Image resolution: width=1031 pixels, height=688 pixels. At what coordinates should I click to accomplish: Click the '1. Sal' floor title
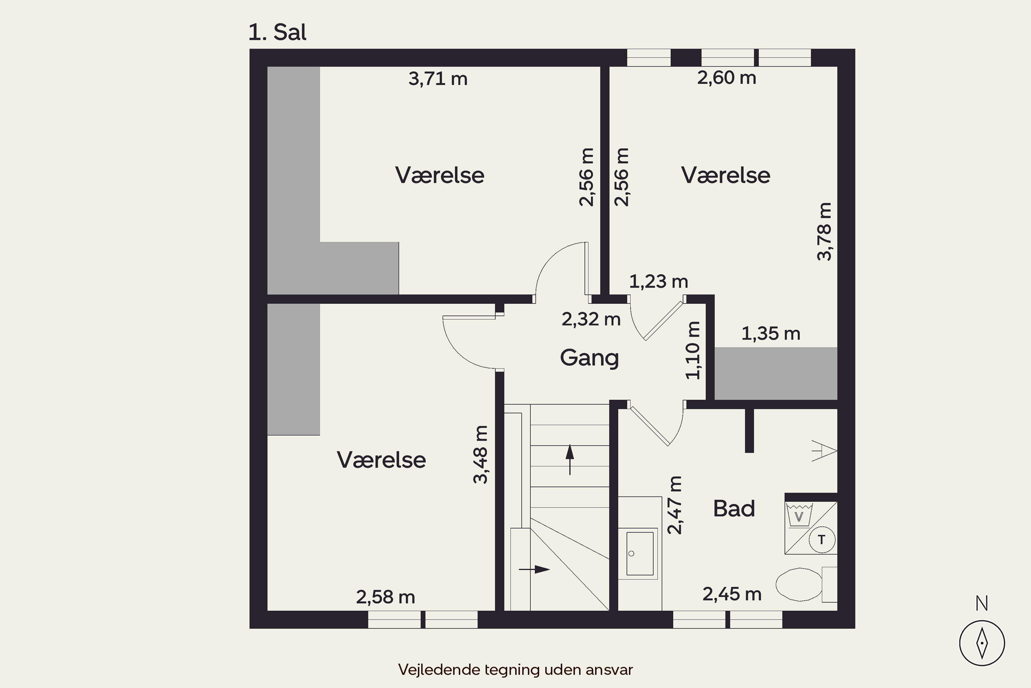coord(277,32)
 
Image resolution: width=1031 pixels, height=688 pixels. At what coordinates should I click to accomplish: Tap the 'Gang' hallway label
coord(589,358)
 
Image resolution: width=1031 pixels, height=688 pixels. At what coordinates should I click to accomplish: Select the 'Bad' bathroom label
coord(734,508)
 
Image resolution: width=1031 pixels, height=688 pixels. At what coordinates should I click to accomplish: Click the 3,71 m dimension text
coord(438,79)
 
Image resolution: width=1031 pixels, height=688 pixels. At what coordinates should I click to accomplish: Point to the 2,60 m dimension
coord(727,78)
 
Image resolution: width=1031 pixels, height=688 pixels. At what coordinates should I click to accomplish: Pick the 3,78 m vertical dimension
coord(824,232)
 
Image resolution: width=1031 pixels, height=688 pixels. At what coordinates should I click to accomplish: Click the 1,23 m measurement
coord(658,281)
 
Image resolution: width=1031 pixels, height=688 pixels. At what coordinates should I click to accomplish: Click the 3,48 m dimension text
coord(480,454)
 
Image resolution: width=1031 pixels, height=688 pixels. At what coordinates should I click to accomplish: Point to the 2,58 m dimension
coord(385,597)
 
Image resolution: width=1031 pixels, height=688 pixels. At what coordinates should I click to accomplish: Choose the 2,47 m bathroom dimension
coord(675,505)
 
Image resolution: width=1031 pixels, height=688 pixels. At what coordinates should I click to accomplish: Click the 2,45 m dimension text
coord(732,594)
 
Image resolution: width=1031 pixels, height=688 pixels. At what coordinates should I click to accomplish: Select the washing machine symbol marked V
coord(799,515)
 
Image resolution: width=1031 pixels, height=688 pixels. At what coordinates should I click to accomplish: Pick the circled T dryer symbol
coord(821,539)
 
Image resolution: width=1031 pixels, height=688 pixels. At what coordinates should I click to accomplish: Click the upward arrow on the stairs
coord(569,459)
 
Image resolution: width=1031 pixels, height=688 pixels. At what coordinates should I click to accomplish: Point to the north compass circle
coord(982,643)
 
